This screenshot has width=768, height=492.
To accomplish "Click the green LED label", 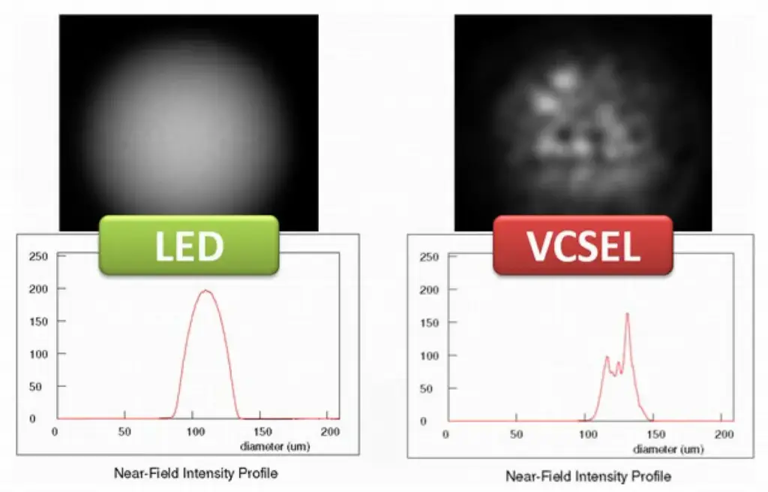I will [x=189, y=246].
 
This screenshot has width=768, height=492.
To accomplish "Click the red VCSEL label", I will [x=583, y=246].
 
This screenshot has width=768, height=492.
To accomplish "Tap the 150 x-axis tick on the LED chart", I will [x=262, y=432].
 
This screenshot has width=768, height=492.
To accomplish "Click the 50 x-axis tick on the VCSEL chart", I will [x=516, y=435].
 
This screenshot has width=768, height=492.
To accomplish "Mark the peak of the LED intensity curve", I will [x=205, y=291].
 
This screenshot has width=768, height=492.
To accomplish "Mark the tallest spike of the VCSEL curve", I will [x=627, y=313].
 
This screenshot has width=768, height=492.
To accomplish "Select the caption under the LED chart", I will [x=195, y=473].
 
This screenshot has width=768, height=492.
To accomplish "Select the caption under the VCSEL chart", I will [x=588, y=476].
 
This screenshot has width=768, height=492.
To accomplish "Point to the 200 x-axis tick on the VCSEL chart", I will [x=724, y=435].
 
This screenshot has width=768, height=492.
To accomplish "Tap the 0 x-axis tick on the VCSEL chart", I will [x=447, y=435].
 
